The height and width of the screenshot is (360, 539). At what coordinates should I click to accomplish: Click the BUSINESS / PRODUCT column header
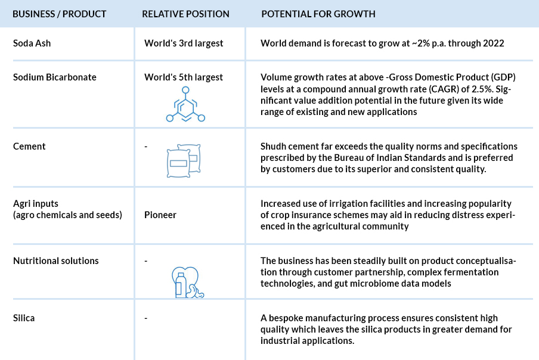click(x=60, y=14)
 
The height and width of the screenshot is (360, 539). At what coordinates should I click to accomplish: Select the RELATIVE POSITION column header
click(x=185, y=14)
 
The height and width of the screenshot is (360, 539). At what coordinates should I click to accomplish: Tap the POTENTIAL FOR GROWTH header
click(x=318, y=14)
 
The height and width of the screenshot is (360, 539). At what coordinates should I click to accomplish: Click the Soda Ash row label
click(x=32, y=44)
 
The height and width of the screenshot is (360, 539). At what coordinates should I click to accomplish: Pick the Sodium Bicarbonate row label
click(x=55, y=77)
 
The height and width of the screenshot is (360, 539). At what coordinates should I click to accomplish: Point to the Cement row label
click(x=29, y=147)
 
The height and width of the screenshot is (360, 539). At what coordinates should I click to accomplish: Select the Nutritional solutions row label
click(x=55, y=260)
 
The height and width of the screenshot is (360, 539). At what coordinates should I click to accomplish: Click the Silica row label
click(x=24, y=318)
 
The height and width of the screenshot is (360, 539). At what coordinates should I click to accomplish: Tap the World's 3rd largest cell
click(x=184, y=44)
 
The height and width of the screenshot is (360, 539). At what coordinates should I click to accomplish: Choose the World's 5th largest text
click(x=184, y=77)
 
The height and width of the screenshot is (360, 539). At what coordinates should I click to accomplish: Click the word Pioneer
click(x=160, y=215)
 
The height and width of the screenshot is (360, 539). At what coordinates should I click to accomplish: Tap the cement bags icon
click(x=184, y=160)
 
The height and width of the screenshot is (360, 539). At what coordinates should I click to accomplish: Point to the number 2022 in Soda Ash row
click(x=493, y=44)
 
